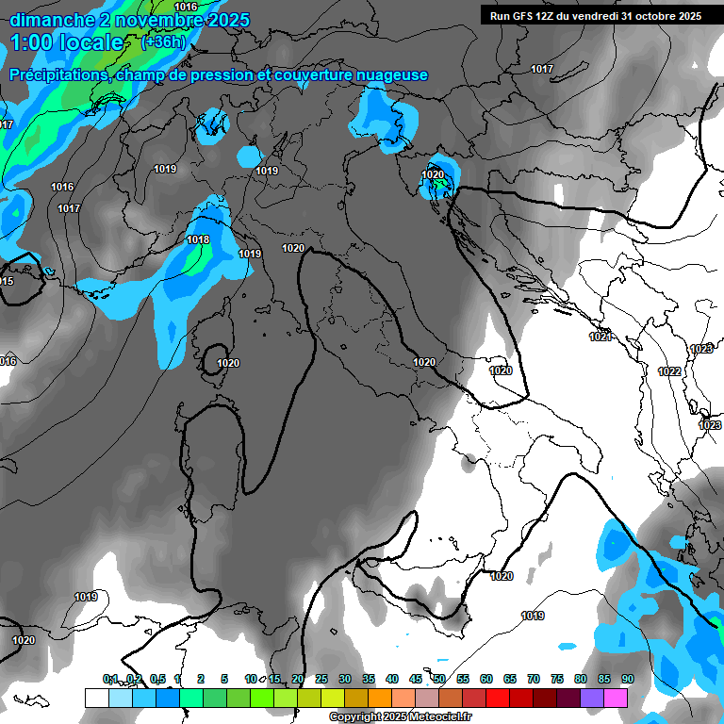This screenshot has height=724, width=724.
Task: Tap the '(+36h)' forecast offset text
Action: point(163,42)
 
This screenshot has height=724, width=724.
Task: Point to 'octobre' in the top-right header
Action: point(650,16)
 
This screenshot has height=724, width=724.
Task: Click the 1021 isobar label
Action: point(600,337)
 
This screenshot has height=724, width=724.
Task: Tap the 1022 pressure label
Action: point(669,371)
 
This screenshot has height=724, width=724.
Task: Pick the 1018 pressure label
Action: point(198,240)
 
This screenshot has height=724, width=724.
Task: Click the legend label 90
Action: point(628,679)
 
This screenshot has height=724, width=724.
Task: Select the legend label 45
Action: point(416,679)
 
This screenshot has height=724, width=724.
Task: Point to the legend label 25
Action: point(321,679)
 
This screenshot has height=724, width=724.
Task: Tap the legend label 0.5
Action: point(156,679)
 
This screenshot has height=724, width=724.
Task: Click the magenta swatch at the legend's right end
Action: point(616,698)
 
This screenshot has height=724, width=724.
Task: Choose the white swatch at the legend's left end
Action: point(96,698)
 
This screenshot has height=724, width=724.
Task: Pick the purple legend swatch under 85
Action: point(592,698)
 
